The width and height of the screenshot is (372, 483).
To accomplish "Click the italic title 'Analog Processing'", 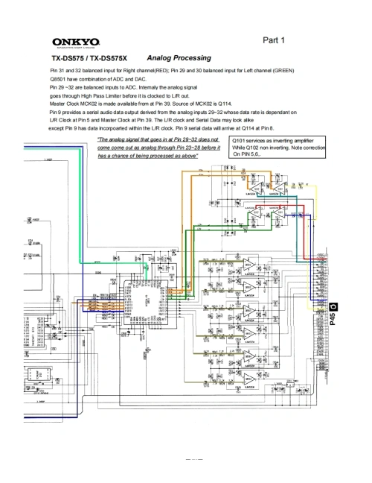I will [x=179, y=57].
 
